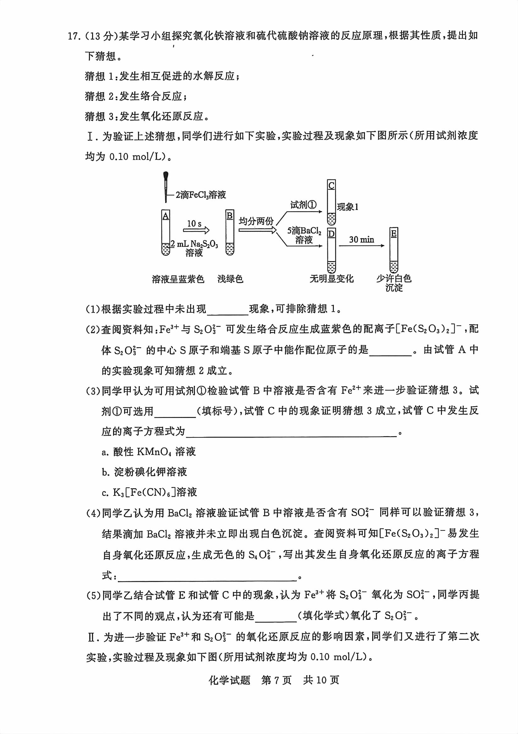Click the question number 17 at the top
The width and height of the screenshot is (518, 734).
(x=73, y=36)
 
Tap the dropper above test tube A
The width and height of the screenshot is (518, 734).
(x=166, y=187)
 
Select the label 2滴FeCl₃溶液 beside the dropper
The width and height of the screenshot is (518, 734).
(x=201, y=195)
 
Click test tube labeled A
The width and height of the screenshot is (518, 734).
(x=166, y=233)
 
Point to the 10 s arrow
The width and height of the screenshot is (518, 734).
(x=196, y=227)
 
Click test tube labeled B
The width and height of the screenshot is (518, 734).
(x=229, y=233)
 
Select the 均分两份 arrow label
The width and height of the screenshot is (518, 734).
(x=256, y=221)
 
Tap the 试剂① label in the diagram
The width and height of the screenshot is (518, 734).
(x=303, y=205)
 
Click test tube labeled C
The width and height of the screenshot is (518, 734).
(x=332, y=202)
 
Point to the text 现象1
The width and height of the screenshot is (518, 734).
(x=348, y=207)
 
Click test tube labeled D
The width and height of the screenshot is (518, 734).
(x=332, y=250)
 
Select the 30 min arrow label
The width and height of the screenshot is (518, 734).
(x=361, y=239)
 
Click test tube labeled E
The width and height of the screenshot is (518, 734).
(x=394, y=250)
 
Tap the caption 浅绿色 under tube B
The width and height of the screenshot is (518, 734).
(x=230, y=279)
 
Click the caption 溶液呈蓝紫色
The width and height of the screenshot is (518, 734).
(x=178, y=279)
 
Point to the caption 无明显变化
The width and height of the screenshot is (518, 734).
(x=332, y=279)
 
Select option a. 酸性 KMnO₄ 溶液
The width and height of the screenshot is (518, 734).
(x=149, y=452)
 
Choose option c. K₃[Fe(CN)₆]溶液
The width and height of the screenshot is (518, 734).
(x=149, y=492)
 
